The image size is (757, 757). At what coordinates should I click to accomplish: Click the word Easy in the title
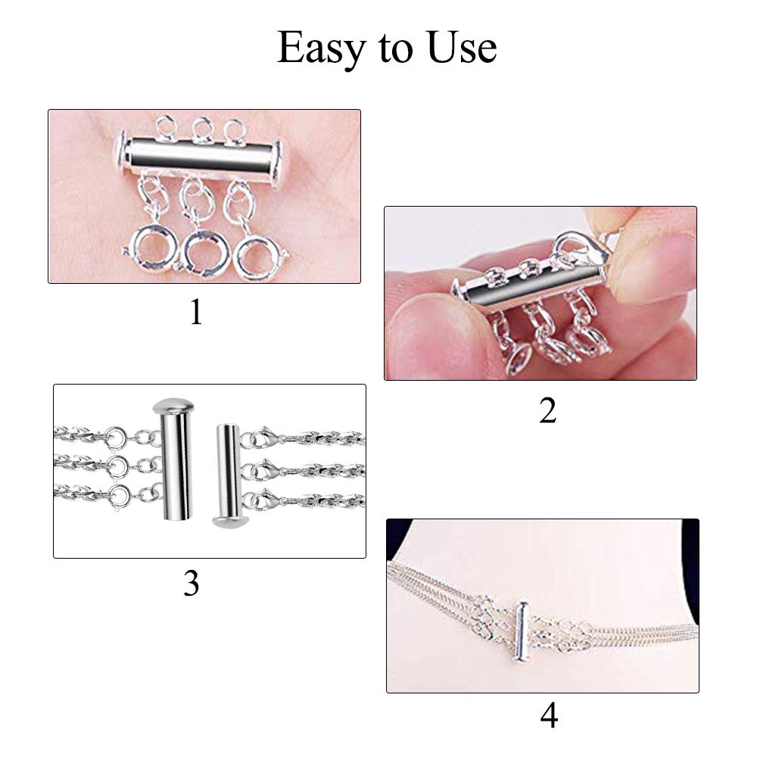click(x=321, y=48)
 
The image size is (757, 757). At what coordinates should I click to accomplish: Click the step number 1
click(x=196, y=313)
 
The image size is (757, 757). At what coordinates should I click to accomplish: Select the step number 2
click(x=548, y=411)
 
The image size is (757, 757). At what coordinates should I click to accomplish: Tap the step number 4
click(x=550, y=715)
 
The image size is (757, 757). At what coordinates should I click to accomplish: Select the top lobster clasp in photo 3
click(x=264, y=438)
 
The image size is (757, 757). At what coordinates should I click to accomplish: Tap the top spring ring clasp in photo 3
click(x=117, y=437)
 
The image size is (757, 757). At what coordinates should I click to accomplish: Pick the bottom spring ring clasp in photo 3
click(x=119, y=496)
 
